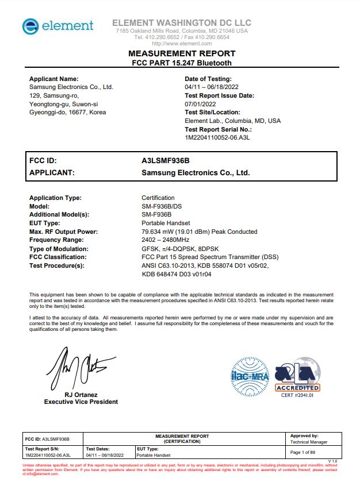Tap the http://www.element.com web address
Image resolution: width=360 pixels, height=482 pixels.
point(182,44)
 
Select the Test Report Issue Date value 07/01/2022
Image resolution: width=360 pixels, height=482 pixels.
point(199,104)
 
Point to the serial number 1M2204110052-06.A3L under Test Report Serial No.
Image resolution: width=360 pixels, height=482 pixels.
point(217,138)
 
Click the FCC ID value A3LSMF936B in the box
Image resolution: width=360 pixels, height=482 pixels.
point(166,161)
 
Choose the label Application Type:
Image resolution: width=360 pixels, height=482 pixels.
point(55,198)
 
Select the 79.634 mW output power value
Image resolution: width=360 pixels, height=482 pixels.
point(199,232)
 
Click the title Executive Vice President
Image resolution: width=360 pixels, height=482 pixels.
point(81,402)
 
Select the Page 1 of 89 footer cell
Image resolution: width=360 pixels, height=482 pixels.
point(306,453)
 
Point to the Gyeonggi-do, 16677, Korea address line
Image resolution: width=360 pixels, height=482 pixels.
point(67,113)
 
